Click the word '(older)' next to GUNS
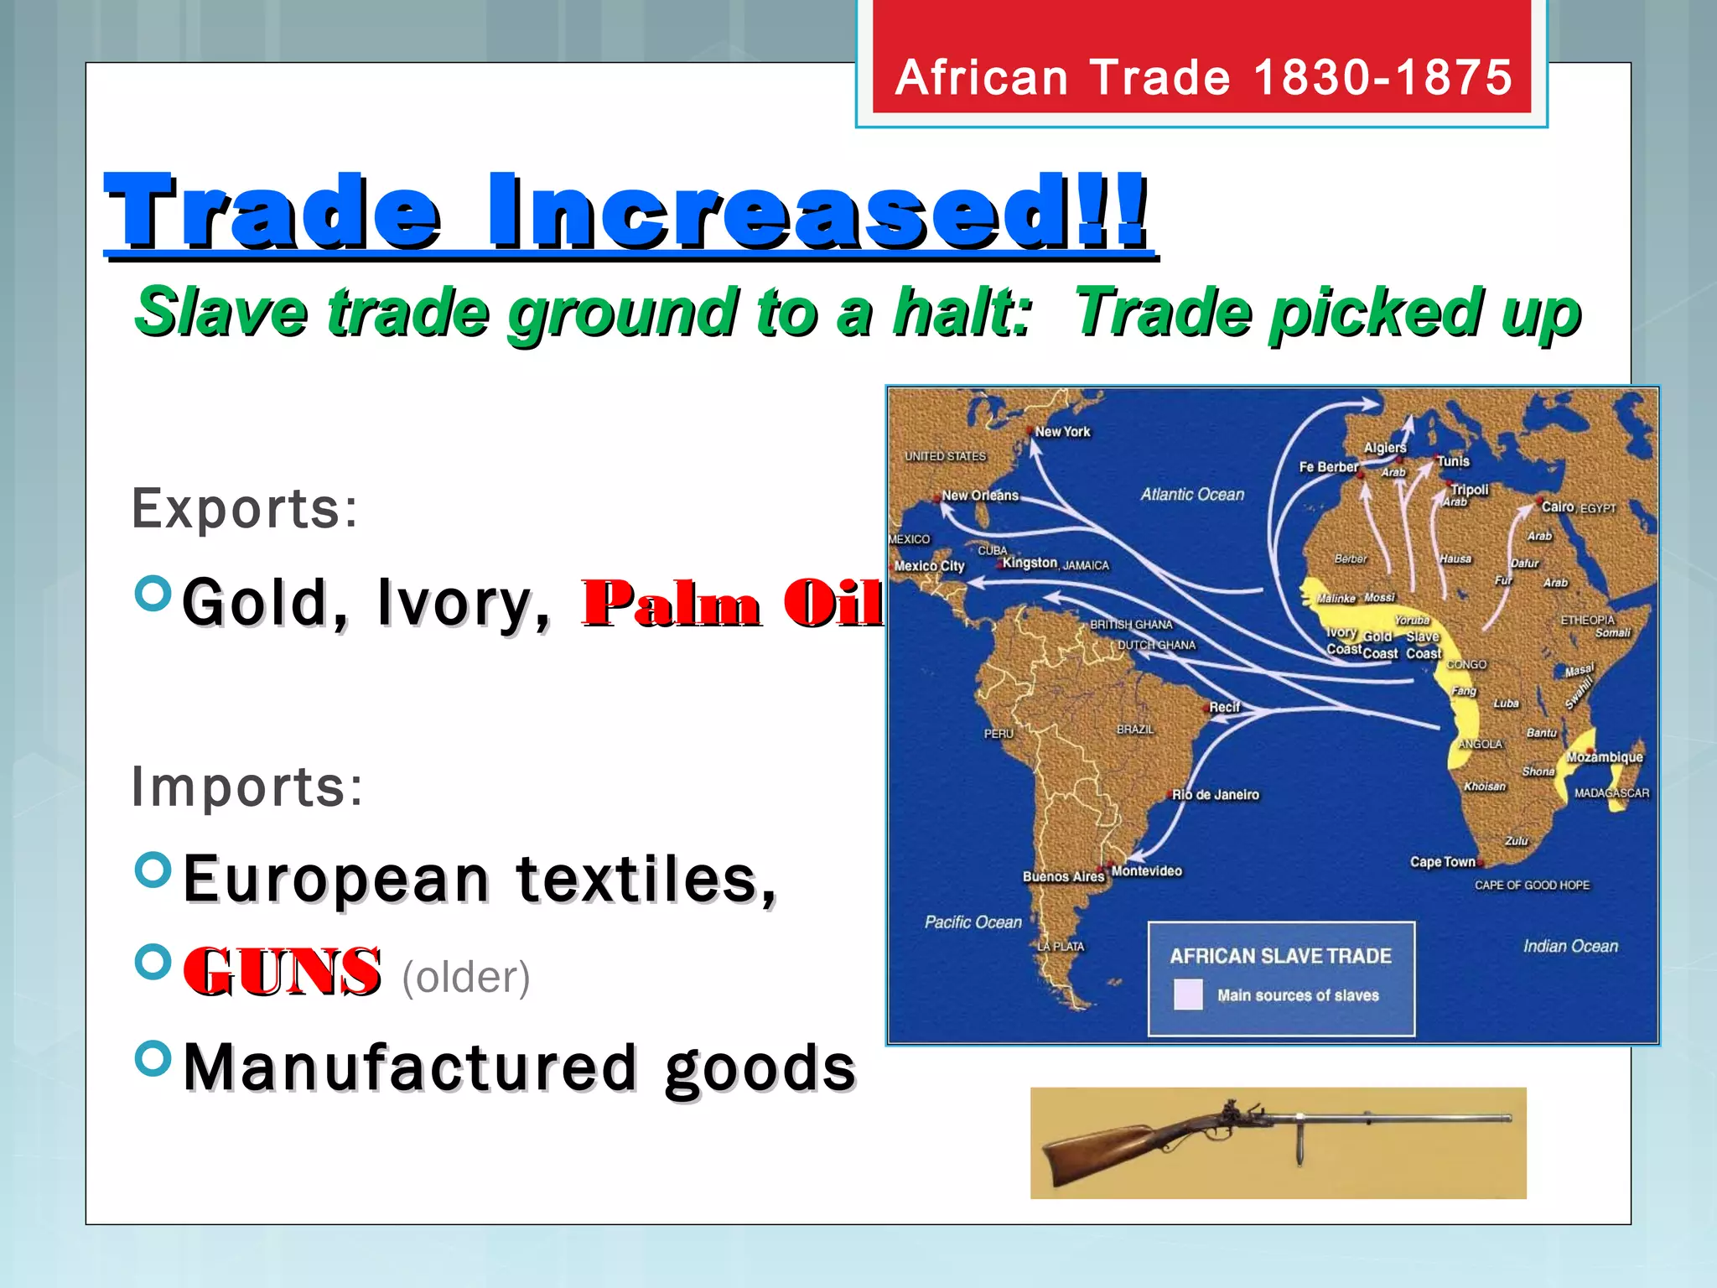click(x=466, y=977)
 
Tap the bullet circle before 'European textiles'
click(x=153, y=870)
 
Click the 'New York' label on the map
click(x=1062, y=432)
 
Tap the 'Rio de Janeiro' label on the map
click(x=1216, y=795)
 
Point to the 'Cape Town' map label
click(x=1442, y=862)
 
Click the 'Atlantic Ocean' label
click(x=1192, y=495)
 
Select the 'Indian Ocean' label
click(x=1570, y=947)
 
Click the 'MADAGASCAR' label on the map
click(x=1611, y=793)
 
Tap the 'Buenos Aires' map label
click(x=1063, y=876)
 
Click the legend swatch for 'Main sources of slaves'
click(x=1188, y=995)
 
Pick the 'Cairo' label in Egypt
click(x=1558, y=506)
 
